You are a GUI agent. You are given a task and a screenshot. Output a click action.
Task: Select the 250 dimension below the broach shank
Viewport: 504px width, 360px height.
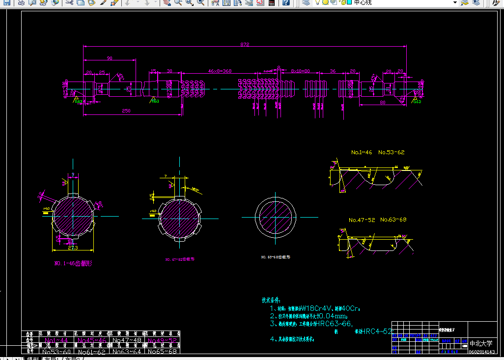tap(126, 111)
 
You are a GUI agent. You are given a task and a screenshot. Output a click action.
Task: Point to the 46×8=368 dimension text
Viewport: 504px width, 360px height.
tap(220, 71)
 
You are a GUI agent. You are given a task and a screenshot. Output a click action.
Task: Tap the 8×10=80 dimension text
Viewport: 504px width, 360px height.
tap(300, 71)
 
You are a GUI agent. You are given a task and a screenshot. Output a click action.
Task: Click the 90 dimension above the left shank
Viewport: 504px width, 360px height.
tap(109, 58)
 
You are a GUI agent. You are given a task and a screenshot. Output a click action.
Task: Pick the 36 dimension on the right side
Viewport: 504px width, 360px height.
tap(333, 71)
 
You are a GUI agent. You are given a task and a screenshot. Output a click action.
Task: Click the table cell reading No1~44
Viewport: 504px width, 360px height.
tap(56, 340)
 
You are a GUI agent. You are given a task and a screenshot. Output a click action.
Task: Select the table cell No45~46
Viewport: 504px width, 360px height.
tap(92, 340)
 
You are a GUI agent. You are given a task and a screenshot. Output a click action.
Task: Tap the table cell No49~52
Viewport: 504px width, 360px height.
tap(163, 340)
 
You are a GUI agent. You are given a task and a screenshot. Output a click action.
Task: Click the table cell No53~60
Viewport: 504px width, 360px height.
tap(56, 351)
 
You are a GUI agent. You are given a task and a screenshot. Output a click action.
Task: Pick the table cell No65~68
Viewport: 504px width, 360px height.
tap(163, 351)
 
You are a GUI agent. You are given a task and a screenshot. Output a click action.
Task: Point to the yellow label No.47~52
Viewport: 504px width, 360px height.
tap(362, 220)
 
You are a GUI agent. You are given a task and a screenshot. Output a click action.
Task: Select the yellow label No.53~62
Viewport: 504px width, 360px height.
tap(392, 152)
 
